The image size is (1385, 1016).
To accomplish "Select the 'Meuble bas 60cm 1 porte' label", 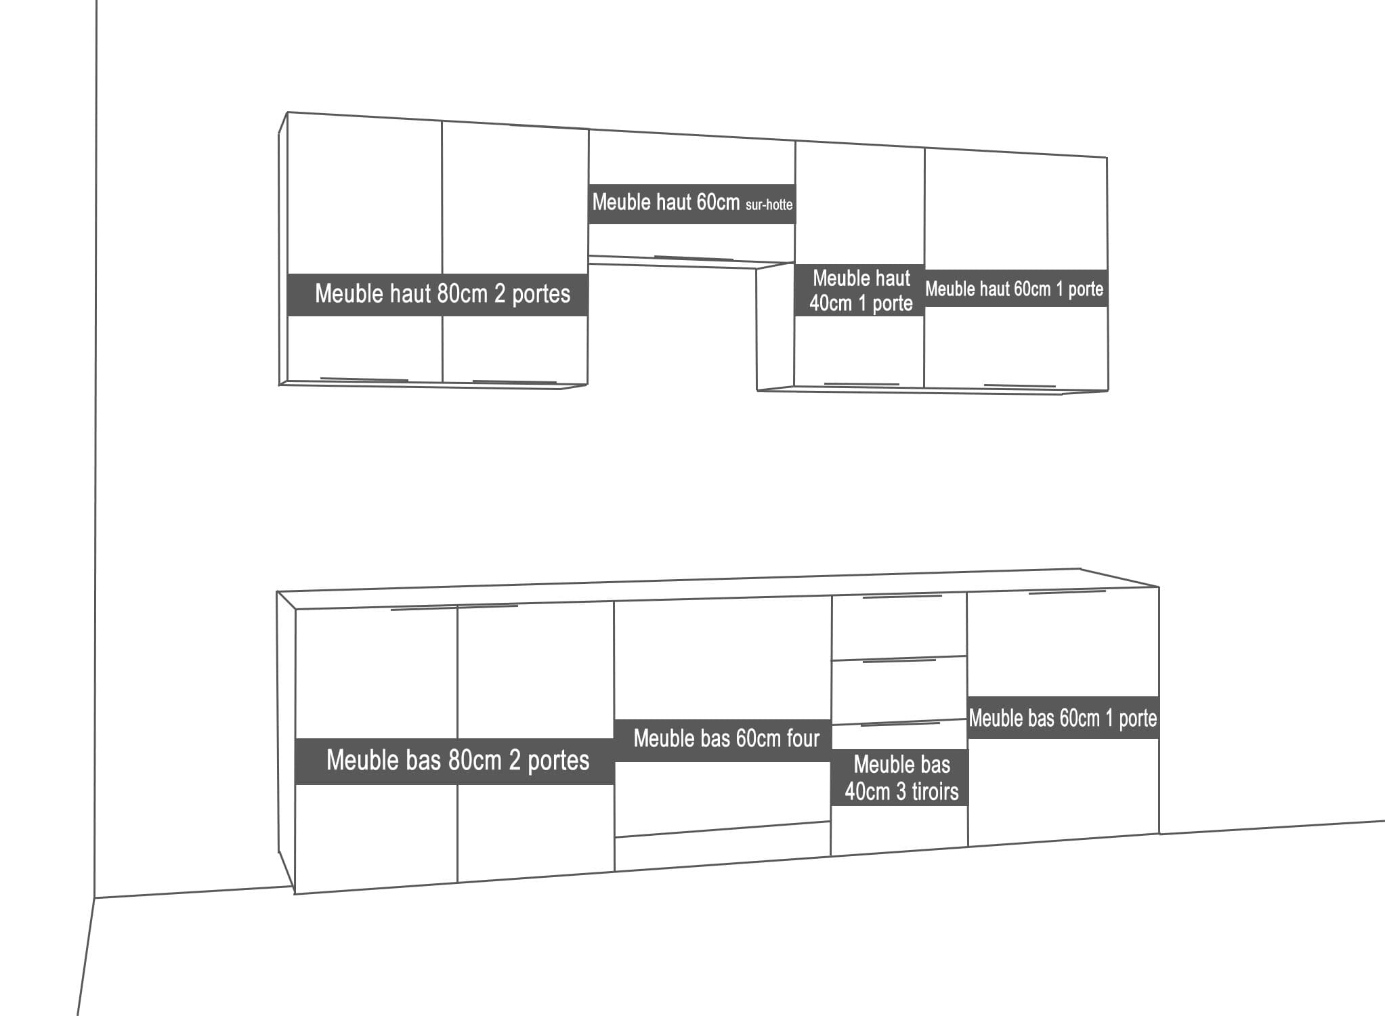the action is point(1063,718).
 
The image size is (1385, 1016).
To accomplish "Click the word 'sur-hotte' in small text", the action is point(769,205).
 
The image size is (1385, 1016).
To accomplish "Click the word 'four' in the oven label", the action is point(803,738).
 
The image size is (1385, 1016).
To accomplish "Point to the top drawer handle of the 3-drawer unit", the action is point(902,597).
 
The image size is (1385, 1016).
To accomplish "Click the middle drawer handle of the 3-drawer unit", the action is point(899,660).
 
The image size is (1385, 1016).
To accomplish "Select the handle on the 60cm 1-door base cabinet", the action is point(1067,592).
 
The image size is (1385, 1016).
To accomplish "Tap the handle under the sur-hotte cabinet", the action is point(694,258).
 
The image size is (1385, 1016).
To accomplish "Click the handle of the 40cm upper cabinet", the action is point(861,384).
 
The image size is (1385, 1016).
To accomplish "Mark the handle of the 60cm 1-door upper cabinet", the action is point(1019,385).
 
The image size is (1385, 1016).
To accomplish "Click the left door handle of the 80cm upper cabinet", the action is point(364,379).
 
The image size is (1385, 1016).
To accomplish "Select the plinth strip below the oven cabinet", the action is point(723,846).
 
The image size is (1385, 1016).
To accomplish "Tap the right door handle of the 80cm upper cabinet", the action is point(515,383).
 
